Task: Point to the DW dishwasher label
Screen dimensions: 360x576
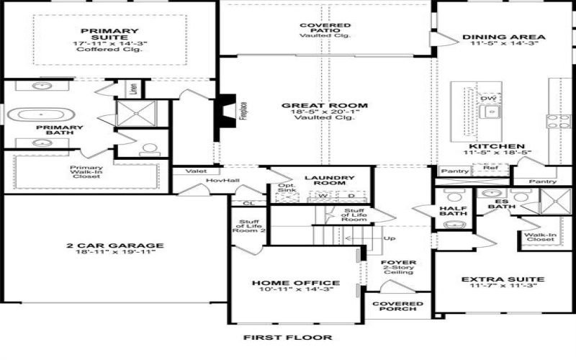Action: pyautogui.click(x=488, y=99)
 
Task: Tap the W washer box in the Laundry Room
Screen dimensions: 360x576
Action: pyautogui.click(x=324, y=196)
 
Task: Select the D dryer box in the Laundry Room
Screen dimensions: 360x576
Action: pyautogui.click(x=351, y=196)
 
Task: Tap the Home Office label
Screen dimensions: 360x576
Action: pyautogui.click(x=295, y=283)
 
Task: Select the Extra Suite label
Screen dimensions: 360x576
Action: pyautogui.click(x=492, y=279)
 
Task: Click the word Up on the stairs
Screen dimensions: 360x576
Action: pyautogui.click(x=390, y=238)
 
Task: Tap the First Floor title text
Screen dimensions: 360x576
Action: pyautogui.click(x=287, y=337)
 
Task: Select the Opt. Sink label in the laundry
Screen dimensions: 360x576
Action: pyautogui.click(x=286, y=190)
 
